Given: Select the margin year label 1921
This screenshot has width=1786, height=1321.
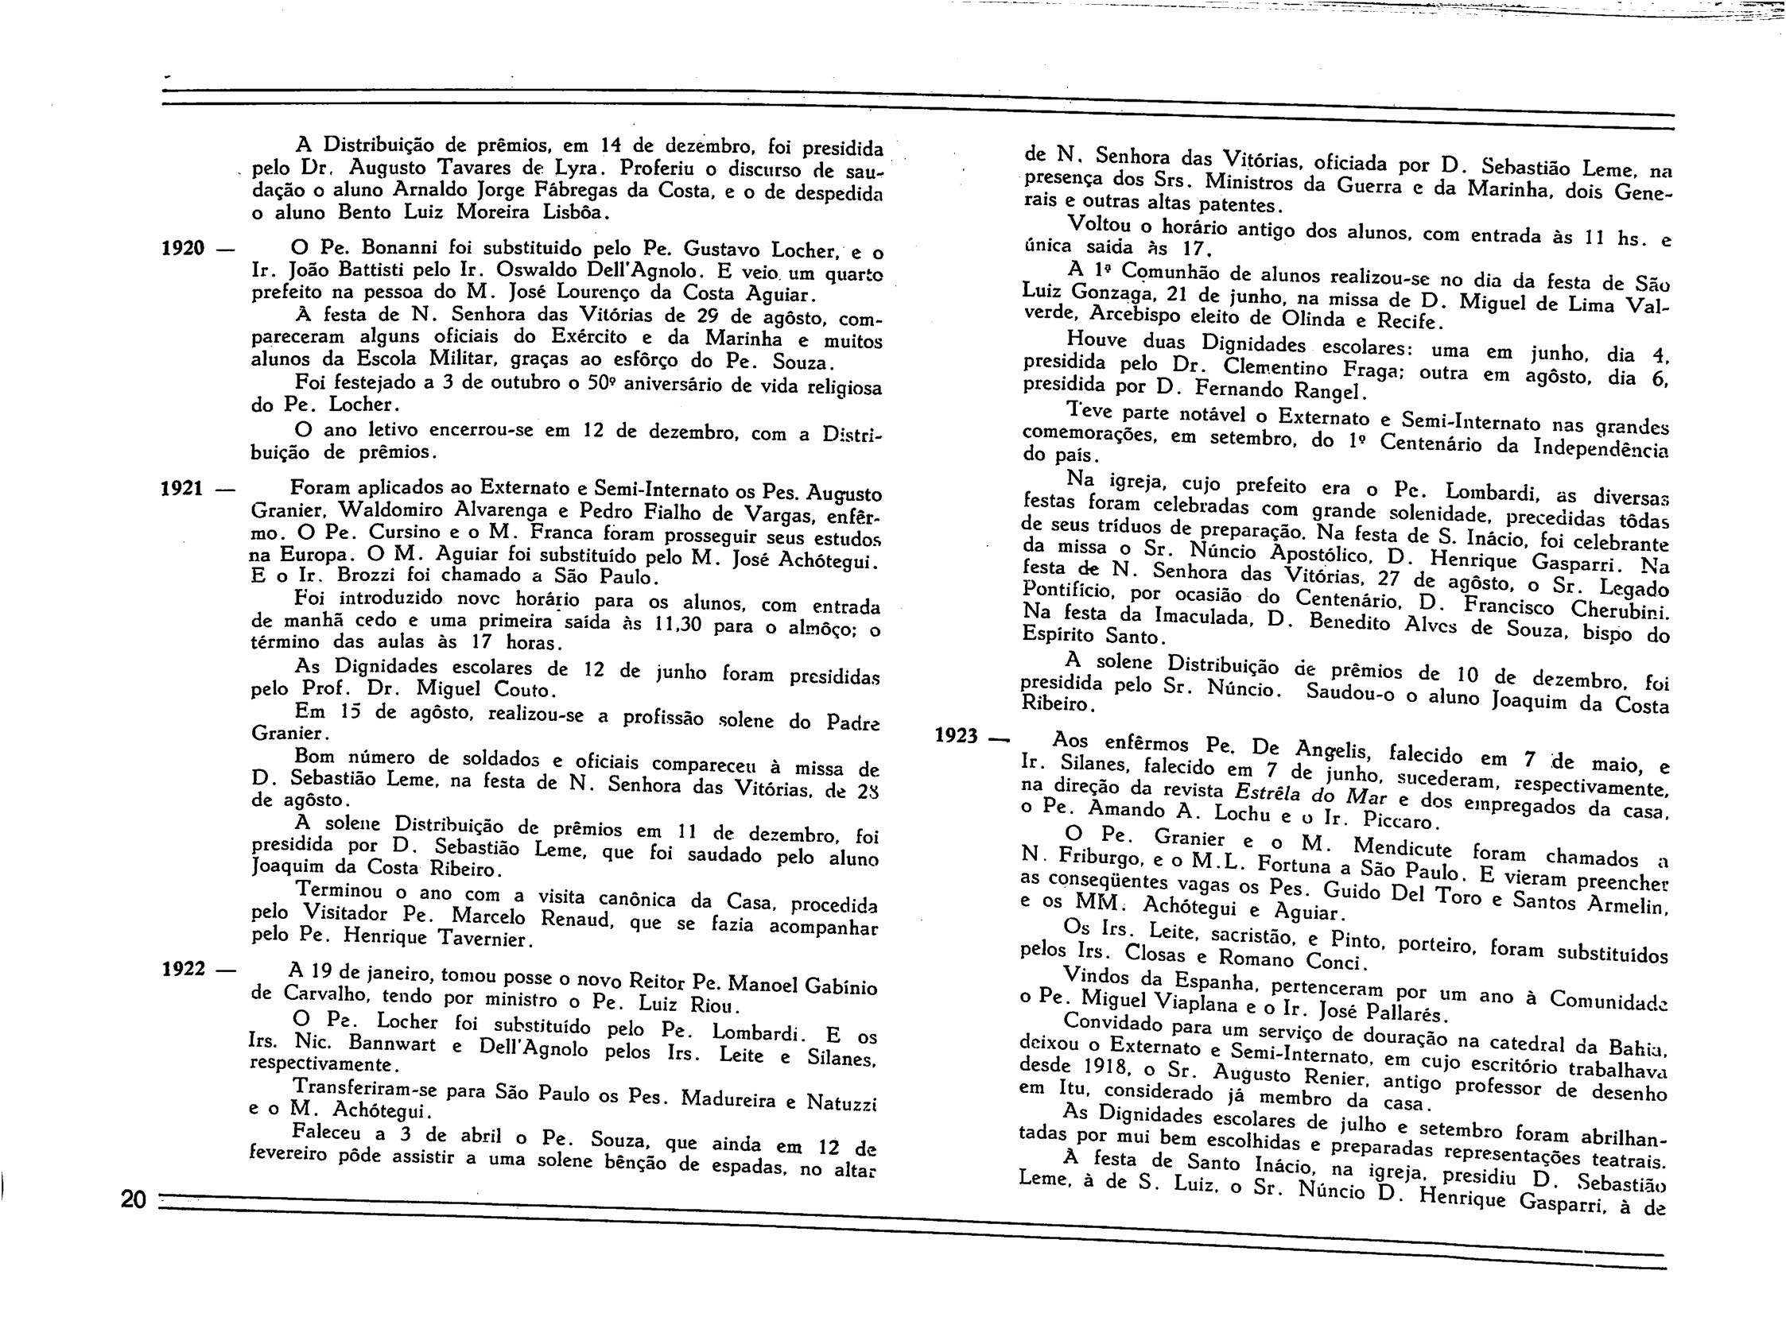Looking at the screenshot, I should pos(182,488).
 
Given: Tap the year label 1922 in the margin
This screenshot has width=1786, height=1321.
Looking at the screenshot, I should pos(184,969).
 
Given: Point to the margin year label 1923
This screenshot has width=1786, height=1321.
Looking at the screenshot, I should pos(957,736).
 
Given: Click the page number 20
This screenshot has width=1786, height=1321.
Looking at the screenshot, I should pos(134,1199).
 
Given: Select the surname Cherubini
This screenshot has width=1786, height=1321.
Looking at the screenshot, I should pos(1607,610).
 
